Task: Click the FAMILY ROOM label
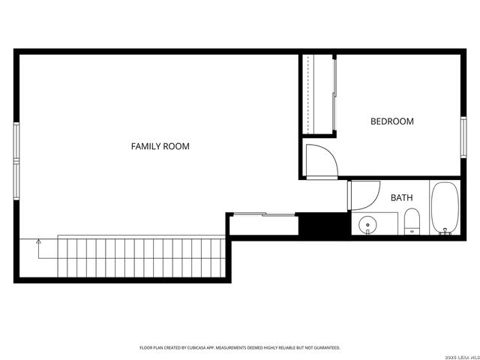tap(160, 146)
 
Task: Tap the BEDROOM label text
tap(392, 121)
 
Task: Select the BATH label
tap(401, 198)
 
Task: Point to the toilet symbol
tap(412, 221)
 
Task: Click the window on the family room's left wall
tap(16, 161)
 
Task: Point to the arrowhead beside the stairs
tap(38, 241)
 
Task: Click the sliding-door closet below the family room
tap(264, 224)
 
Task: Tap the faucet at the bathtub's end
tap(445, 232)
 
